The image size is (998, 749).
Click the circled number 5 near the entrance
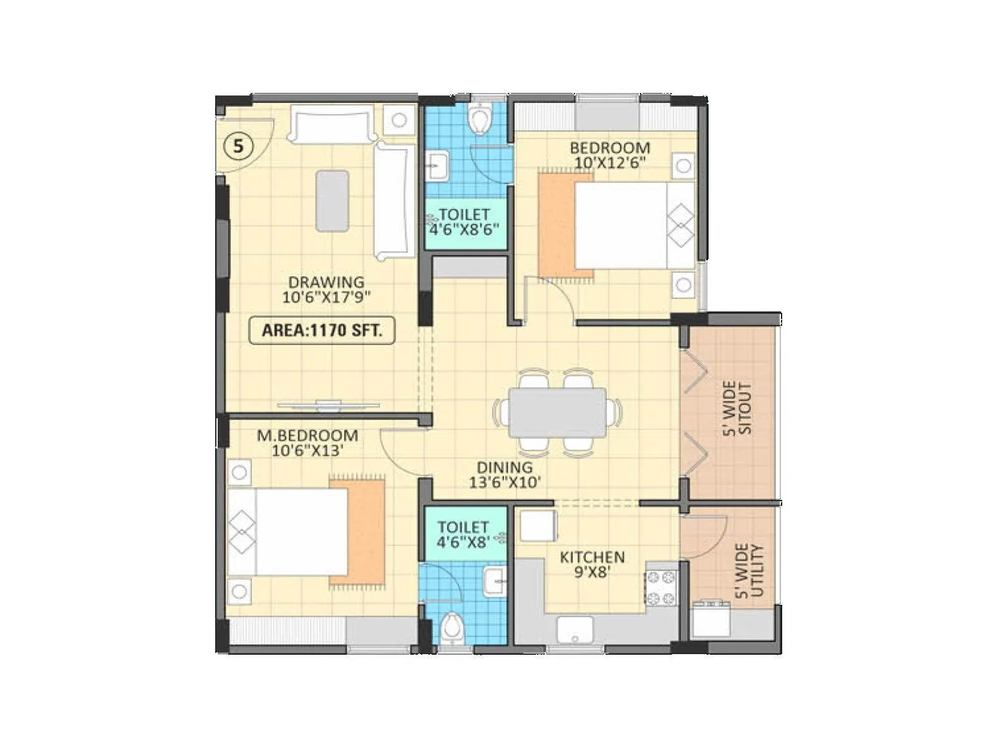pos(237,147)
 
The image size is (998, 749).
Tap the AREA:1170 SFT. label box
pos(322,330)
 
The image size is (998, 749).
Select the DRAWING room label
pos(326,283)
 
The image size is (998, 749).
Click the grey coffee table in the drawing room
pos(332,201)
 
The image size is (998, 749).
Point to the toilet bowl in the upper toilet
pos(480,119)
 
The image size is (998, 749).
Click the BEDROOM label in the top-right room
pos(609,149)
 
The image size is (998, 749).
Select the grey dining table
pos(557,412)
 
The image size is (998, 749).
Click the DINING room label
pos(505,467)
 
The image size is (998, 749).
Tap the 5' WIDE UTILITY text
pos(749,570)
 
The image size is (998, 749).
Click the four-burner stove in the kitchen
pos(661,587)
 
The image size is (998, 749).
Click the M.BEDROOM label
pos(308,435)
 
